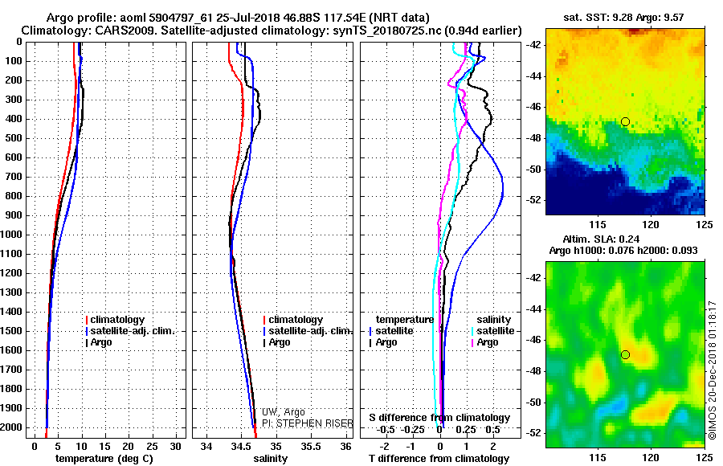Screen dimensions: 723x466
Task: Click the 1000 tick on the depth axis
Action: (x=12, y=235)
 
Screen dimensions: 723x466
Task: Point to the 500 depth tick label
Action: (x=14, y=138)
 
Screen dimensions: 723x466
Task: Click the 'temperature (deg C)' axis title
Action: (x=104, y=459)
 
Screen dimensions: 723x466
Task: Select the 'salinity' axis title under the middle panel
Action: (x=270, y=459)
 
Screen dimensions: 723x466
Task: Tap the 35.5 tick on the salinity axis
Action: (x=311, y=447)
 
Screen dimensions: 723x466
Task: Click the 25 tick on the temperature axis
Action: (x=152, y=447)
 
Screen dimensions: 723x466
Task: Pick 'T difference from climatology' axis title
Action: (x=439, y=459)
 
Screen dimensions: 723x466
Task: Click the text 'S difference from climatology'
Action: (x=439, y=418)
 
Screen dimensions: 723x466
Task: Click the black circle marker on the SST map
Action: (x=625, y=122)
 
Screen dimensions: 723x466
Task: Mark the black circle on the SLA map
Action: (x=625, y=355)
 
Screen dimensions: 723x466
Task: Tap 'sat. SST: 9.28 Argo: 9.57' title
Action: (x=623, y=18)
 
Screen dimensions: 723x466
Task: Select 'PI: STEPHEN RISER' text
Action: (x=308, y=423)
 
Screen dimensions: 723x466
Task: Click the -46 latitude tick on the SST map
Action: (x=533, y=107)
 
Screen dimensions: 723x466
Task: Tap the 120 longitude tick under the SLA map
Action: (x=651, y=457)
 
